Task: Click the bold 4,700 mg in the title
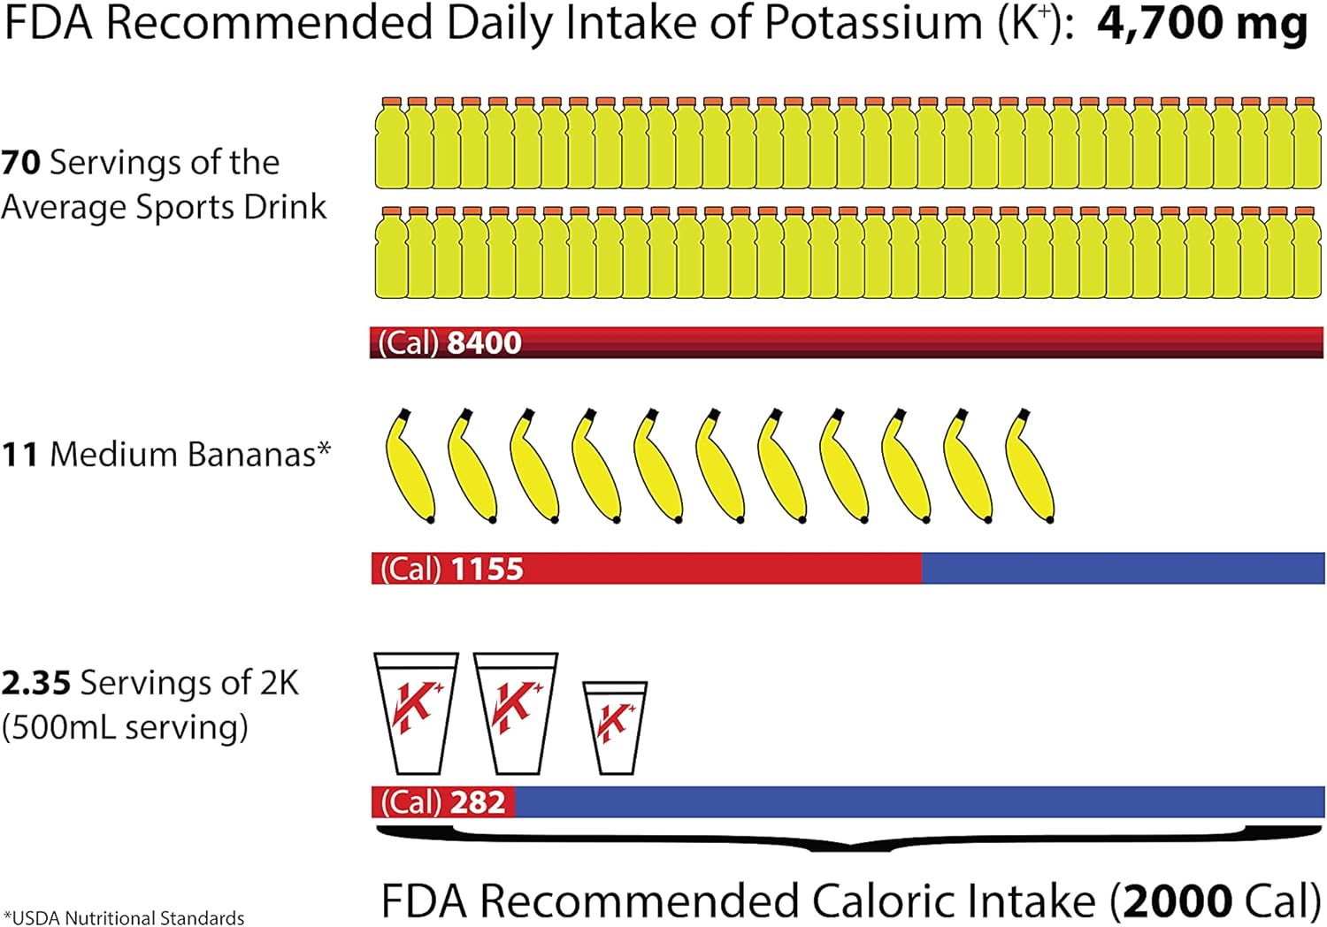tap(1201, 25)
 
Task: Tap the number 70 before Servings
tap(21, 163)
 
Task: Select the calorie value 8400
tap(484, 342)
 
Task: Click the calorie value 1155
tap(487, 568)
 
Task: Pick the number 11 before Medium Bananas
tap(19, 455)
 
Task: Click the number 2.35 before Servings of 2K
tap(35, 683)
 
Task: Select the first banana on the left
tap(409, 466)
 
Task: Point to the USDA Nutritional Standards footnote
tap(124, 917)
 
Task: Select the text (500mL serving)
tap(125, 727)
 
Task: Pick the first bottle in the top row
tap(390, 143)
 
